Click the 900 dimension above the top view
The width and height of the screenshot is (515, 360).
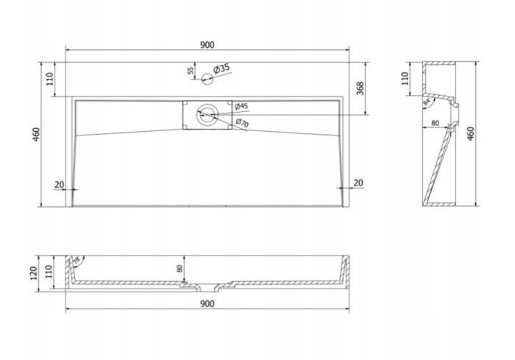click(x=207, y=45)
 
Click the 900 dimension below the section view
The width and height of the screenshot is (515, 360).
click(x=207, y=304)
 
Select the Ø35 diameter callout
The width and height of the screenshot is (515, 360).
click(x=221, y=68)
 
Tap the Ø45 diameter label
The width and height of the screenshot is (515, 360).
click(x=241, y=106)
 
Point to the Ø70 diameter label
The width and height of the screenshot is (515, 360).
click(x=242, y=123)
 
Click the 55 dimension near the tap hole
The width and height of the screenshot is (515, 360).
click(x=191, y=71)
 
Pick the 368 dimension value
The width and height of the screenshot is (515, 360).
click(x=360, y=88)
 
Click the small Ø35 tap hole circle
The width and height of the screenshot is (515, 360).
click(x=207, y=79)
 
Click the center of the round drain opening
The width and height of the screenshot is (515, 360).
click(x=207, y=114)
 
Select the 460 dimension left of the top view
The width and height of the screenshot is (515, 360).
click(x=36, y=134)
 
